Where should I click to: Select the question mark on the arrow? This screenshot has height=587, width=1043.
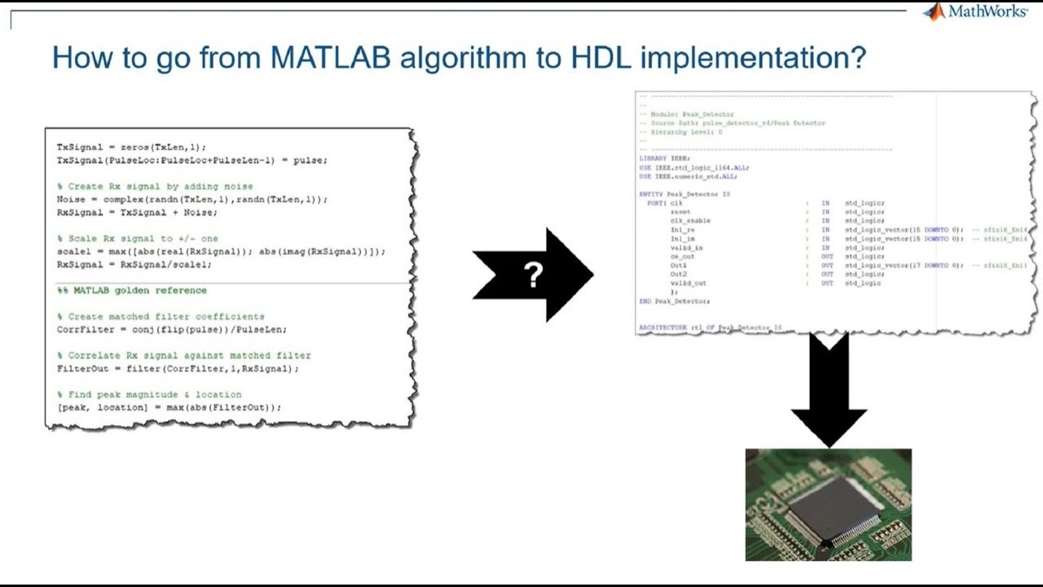point(534,276)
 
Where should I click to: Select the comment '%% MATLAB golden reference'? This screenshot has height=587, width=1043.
point(131,290)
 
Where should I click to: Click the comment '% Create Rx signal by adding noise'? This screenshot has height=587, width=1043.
point(155,186)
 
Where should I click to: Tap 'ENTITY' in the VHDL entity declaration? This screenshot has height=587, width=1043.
point(652,194)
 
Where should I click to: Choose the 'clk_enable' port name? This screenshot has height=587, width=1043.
point(690,221)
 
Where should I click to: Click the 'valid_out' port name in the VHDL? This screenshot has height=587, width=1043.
point(689,284)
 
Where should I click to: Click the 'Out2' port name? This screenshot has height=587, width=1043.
point(679,275)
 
